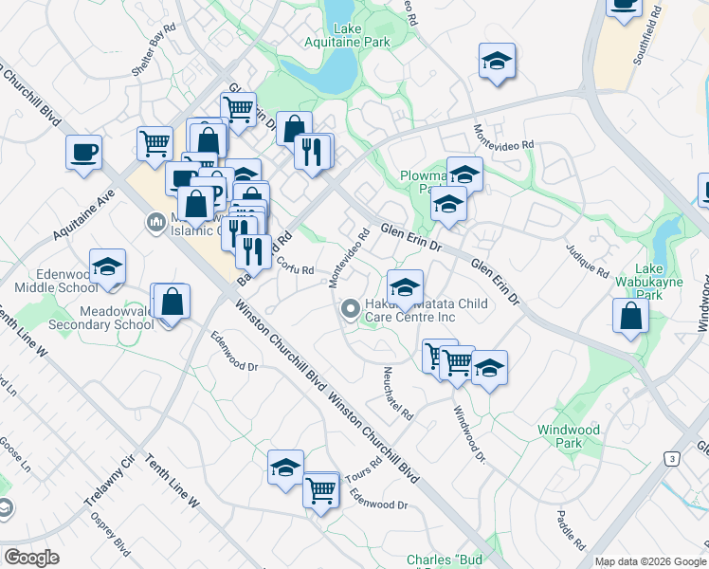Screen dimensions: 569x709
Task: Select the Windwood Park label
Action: click(x=569, y=436)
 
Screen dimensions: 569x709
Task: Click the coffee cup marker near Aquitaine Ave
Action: click(x=84, y=153)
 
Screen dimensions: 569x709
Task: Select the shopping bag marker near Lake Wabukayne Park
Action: click(x=630, y=317)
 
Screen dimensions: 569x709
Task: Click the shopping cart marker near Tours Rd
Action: click(x=321, y=490)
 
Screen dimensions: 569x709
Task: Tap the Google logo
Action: click(x=32, y=557)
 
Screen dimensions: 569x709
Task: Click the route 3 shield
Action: click(x=672, y=459)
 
